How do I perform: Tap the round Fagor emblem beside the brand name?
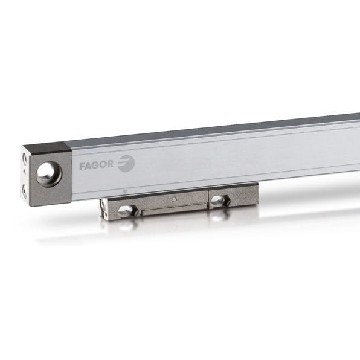tap(126, 164)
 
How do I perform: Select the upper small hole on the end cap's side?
tap(25, 158)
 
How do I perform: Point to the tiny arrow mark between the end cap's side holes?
tap(24, 173)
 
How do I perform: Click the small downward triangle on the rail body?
tap(124, 191)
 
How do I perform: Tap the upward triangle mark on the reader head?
tap(173, 198)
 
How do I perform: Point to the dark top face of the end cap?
tap(45, 148)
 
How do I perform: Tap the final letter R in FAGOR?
tap(112, 164)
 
